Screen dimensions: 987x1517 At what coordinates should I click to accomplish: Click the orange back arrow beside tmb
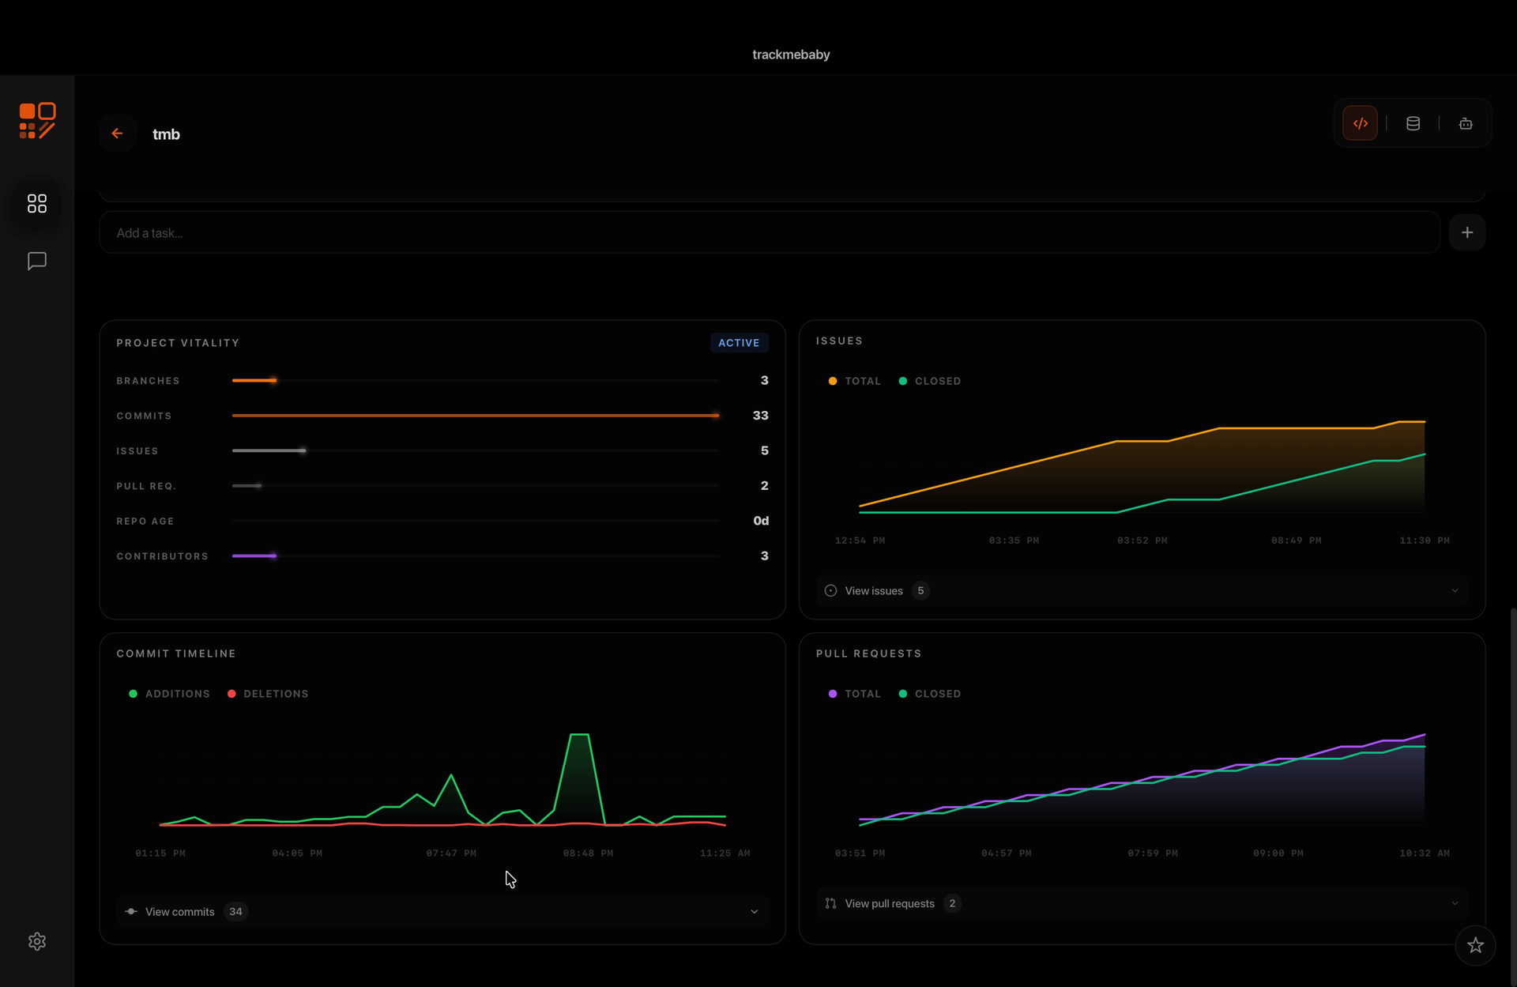(x=117, y=134)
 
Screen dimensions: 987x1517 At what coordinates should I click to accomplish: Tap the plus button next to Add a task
(x=1466, y=232)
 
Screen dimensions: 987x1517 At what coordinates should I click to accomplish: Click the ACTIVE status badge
(x=738, y=343)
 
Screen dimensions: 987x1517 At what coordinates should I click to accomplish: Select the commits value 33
(x=760, y=416)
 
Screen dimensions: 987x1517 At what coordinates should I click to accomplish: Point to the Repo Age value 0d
(x=760, y=521)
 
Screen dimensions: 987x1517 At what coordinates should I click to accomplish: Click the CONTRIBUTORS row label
(x=162, y=556)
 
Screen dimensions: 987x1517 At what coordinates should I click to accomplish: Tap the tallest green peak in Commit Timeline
(x=579, y=736)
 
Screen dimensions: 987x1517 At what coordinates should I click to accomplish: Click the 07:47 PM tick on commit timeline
(x=450, y=853)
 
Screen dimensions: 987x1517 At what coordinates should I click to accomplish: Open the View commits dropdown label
(x=179, y=912)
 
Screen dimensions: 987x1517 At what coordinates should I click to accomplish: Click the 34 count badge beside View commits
(x=235, y=912)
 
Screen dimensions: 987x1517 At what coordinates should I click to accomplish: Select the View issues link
(x=873, y=591)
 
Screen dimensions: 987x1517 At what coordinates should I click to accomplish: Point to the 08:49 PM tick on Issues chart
(x=1296, y=541)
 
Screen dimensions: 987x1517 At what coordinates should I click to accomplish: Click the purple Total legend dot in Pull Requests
(x=832, y=694)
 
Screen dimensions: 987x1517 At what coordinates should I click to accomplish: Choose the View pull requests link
(x=889, y=904)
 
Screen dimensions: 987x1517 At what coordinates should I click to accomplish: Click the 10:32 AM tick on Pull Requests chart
(x=1424, y=853)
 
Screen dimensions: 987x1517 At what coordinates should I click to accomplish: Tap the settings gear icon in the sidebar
(x=37, y=941)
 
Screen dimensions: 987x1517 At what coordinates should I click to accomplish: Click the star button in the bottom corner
(x=1474, y=945)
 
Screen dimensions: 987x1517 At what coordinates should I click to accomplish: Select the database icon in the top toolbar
(x=1413, y=123)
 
